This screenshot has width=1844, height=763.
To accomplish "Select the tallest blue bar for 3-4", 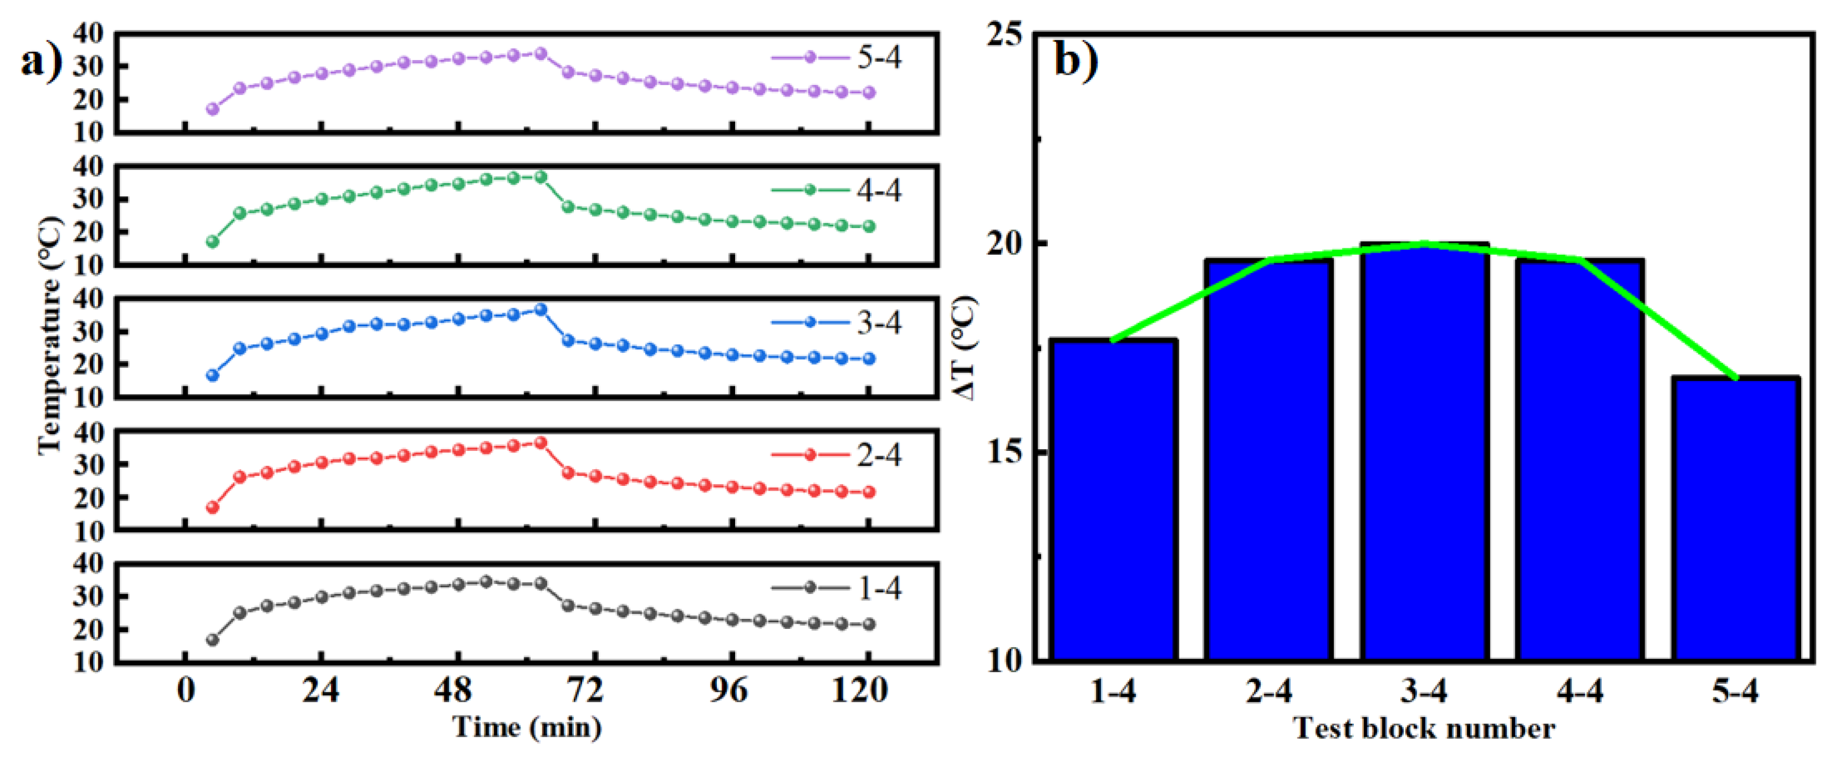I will point(1425,451).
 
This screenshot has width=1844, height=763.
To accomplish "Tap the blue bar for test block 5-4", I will point(1735,518).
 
